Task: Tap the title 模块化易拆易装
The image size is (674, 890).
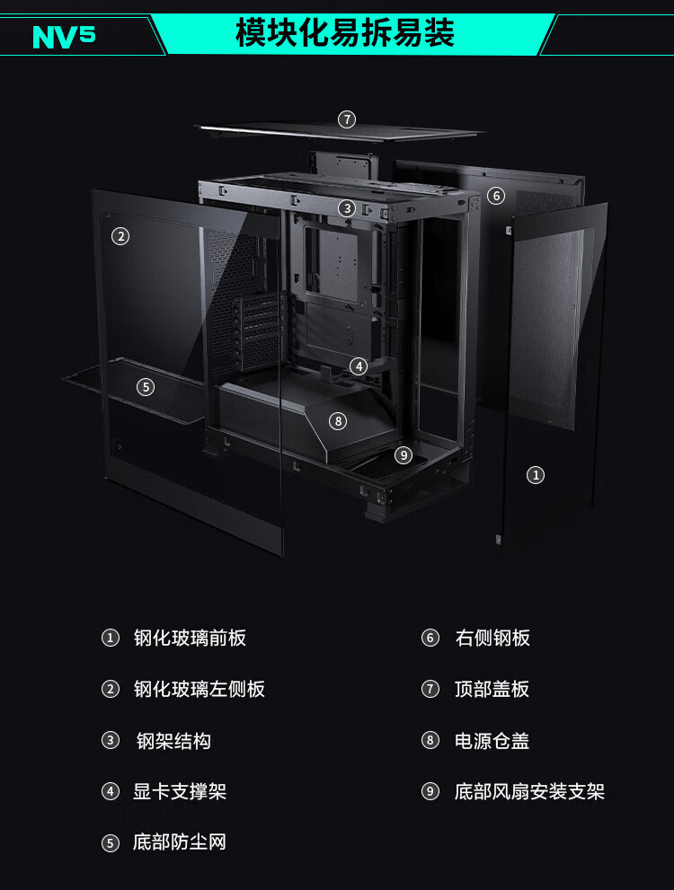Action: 345,32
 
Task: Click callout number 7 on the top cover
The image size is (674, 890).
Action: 347,119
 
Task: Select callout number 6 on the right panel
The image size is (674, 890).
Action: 496,195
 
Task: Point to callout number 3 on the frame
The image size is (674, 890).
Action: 347,208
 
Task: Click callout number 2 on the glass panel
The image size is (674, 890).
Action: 120,236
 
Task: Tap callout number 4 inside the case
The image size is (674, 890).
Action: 359,366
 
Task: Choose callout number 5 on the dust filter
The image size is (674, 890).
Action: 146,387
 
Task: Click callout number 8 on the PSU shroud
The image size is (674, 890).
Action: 338,420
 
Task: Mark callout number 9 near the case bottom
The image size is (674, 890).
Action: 404,455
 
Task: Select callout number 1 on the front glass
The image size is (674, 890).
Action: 536,475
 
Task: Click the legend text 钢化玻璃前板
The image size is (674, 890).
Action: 190,639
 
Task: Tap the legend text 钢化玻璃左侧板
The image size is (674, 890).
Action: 200,690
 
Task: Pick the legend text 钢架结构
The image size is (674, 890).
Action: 173,741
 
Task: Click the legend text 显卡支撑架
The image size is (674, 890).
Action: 180,792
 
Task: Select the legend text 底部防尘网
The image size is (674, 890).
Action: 180,842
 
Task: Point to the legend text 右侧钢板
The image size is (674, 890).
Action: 492,639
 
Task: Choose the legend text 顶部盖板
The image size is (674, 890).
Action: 492,690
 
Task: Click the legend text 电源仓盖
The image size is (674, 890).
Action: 492,741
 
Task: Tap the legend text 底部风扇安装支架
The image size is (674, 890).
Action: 529,792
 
